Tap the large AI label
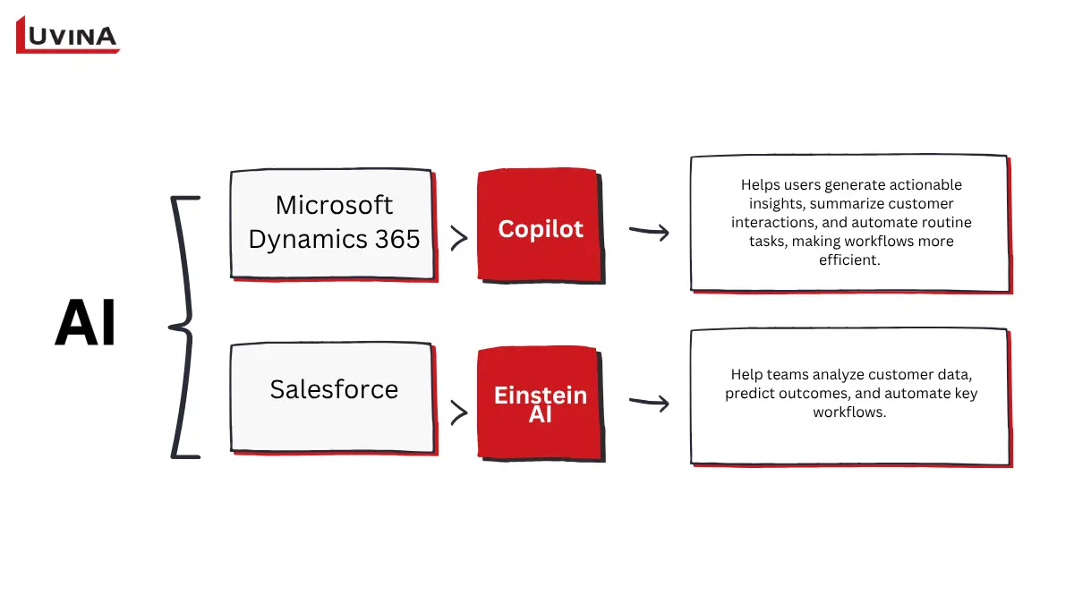(86, 323)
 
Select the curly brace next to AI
(183, 328)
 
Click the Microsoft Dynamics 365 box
(332, 223)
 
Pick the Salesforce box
(332, 397)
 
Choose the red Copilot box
(540, 225)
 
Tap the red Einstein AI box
(540, 404)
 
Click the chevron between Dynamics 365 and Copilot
(458, 238)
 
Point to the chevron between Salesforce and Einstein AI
(458, 412)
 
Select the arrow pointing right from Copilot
(649, 232)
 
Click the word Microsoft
(334, 205)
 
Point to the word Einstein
(540, 395)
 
